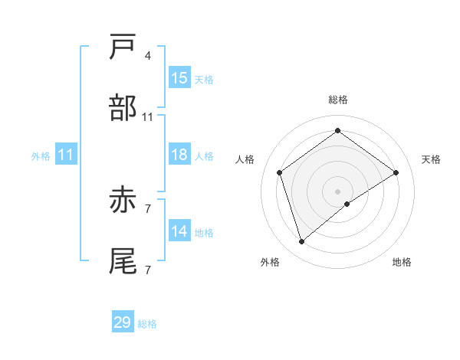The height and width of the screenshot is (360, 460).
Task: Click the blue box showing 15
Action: point(179,78)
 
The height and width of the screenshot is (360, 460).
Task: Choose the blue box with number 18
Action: point(179,155)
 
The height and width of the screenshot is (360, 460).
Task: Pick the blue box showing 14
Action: point(179,231)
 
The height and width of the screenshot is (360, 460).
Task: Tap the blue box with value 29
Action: point(123,322)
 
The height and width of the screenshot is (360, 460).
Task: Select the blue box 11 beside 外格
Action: point(65,155)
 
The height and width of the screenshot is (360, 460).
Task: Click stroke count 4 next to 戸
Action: point(147,56)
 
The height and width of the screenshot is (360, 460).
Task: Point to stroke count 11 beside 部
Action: point(148,117)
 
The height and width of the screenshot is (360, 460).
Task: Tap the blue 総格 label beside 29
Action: point(147,324)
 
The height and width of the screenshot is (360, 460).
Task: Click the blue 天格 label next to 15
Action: point(204,80)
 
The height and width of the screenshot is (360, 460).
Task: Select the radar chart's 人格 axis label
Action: point(245,159)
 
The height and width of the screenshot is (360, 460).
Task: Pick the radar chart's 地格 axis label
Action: point(402,263)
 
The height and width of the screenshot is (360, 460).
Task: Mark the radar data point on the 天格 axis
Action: point(396,172)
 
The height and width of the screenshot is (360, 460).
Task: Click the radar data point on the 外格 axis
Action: point(301,242)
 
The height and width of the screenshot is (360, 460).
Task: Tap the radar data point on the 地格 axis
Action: point(347,204)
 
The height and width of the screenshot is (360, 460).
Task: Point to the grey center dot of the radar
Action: point(337,191)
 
